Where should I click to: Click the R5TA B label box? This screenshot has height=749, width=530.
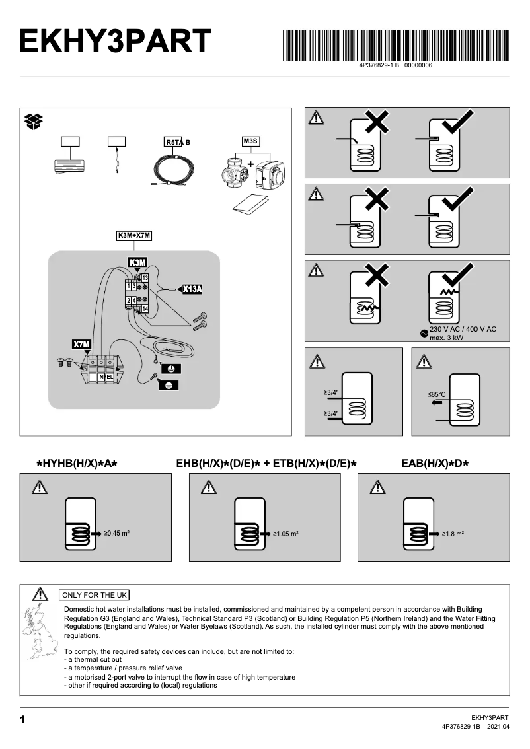pos(178,142)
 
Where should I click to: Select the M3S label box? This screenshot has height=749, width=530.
pos(250,141)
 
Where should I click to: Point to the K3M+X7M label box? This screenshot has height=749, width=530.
pos(134,236)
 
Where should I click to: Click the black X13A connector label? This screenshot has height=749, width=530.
pos(192,289)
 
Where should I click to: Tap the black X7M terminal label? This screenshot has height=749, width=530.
pos(81,344)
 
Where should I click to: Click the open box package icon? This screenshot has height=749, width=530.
pos(34,121)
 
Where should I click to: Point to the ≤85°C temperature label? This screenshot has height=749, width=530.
pos(437,394)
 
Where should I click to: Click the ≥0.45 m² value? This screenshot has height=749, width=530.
pos(116,532)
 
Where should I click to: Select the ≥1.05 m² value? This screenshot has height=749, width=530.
pos(285,532)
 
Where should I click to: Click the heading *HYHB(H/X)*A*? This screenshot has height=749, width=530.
pos(77,464)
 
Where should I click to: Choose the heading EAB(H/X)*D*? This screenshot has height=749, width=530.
pos(435,464)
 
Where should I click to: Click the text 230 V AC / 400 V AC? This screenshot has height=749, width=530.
pos(463,329)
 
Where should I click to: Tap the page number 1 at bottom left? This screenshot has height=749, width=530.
pos(22,720)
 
